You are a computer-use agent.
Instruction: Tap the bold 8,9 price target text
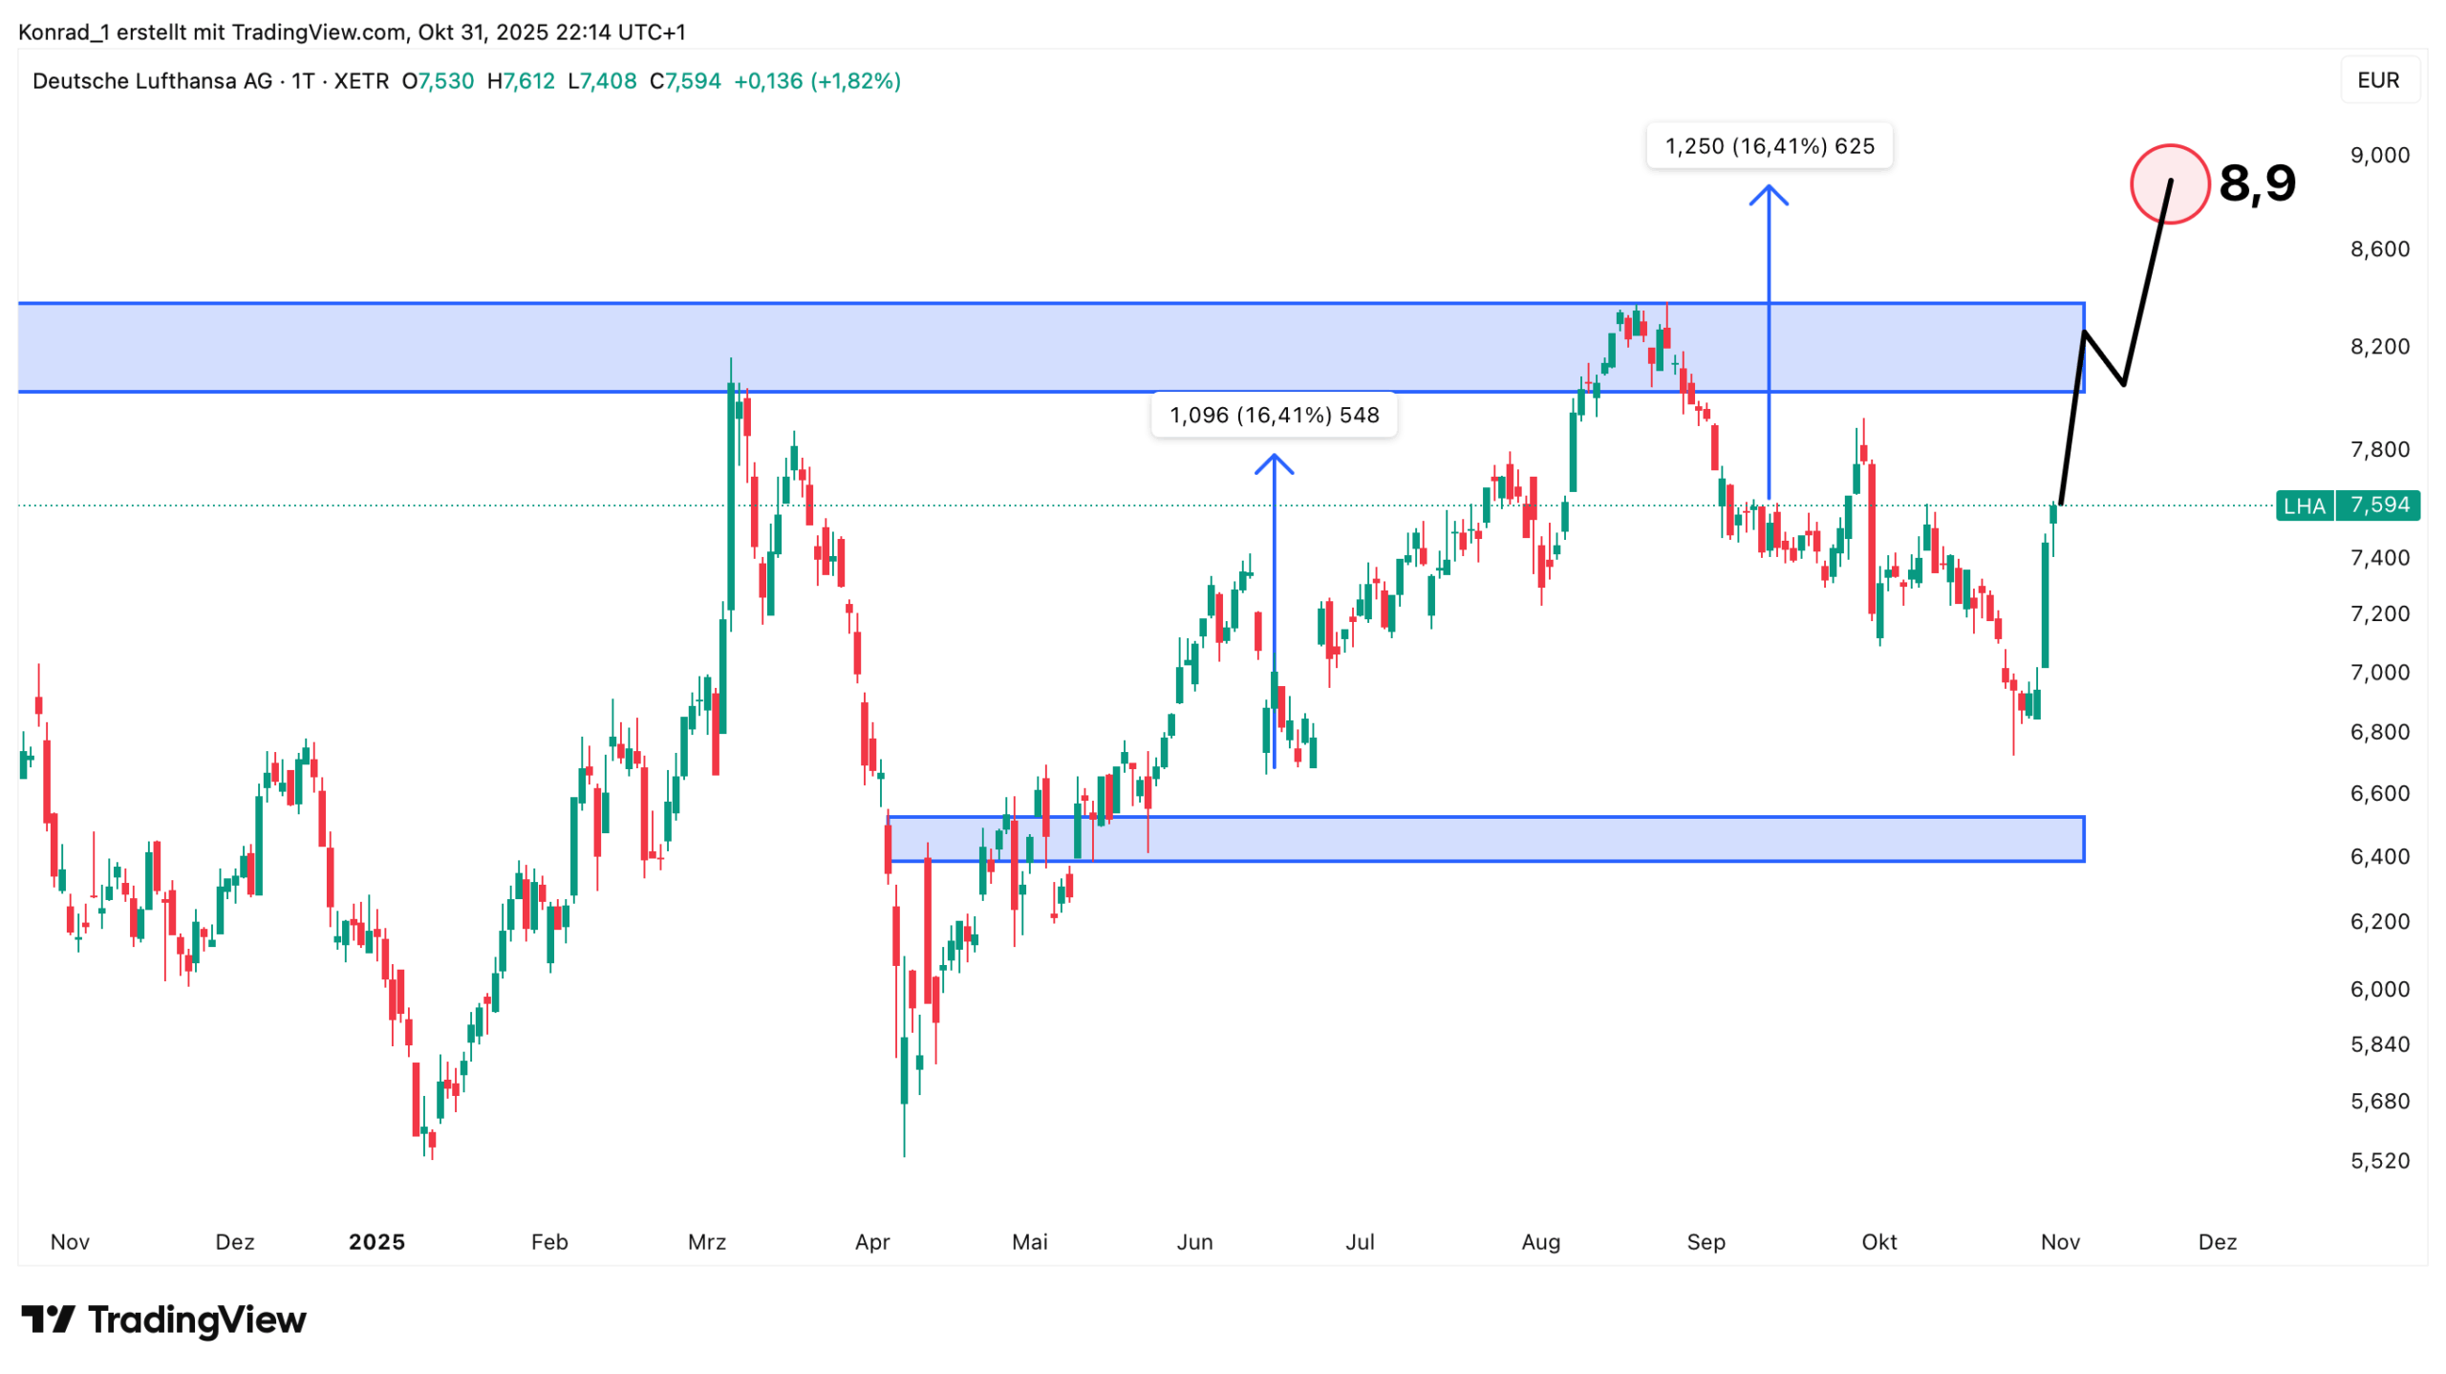click(2256, 182)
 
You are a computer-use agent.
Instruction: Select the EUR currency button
click(2377, 80)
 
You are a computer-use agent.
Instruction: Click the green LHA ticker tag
click(2304, 505)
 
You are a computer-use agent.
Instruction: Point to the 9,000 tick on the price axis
click(2379, 155)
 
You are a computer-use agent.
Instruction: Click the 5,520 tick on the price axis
click(2379, 1160)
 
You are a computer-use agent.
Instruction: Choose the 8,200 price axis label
click(2379, 346)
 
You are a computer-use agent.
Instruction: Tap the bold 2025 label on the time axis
click(376, 1241)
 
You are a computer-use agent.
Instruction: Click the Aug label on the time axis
click(1540, 1241)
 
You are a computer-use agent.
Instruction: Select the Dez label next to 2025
click(235, 1241)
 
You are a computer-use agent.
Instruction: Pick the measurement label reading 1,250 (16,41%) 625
click(1769, 146)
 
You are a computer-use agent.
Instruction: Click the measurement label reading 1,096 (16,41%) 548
click(1274, 415)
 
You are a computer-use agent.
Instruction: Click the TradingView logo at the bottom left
click(163, 1320)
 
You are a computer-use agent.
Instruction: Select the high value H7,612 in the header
click(521, 81)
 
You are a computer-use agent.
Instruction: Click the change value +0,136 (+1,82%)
click(817, 81)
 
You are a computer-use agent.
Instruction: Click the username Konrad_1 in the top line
click(63, 32)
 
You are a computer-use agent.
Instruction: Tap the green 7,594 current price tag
click(2377, 505)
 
